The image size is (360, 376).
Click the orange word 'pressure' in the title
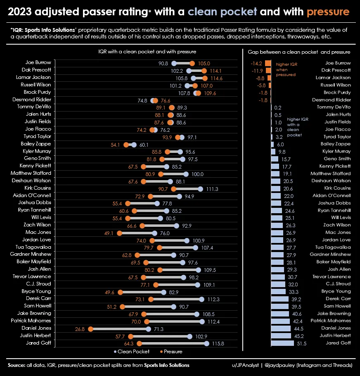pos(328,12)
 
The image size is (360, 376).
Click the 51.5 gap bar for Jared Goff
pos(282,343)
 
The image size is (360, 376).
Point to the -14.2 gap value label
pos(257,64)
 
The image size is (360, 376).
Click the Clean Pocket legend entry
pos(132,352)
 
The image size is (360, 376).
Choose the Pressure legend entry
pos(170,352)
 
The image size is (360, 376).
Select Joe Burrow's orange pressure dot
pos(192,64)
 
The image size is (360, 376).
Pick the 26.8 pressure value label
pos(80,329)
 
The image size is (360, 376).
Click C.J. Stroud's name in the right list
pos(339,284)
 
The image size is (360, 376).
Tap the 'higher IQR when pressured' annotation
pos(286,69)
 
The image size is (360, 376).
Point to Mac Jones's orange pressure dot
pos(120,233)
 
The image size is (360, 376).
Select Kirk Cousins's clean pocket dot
pos(201,189)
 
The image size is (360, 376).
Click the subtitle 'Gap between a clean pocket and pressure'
pos(299,52)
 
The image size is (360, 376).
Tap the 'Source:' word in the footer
pos(17,365)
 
